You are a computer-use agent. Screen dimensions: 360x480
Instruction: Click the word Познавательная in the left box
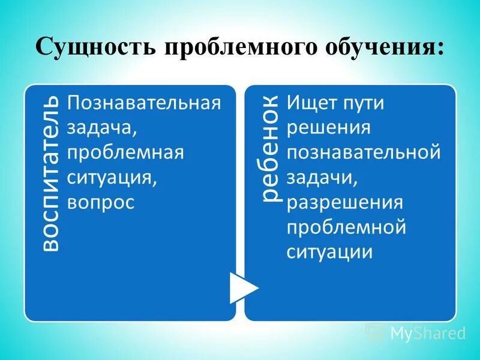(144, 103)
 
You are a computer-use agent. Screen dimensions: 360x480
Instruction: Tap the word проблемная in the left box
(125, 152)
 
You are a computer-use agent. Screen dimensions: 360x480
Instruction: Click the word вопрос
(100, 202)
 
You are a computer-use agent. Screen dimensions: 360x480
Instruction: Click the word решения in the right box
(328, 128)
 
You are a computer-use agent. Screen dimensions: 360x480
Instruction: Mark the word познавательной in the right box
(364, 152)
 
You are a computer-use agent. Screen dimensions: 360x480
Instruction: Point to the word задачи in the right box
(322, 178)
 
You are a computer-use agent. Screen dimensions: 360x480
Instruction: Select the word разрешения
(345, 202)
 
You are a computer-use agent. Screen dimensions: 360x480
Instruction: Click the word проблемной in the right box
(347, 227)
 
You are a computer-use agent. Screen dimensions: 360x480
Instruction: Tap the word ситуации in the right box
(329, 252)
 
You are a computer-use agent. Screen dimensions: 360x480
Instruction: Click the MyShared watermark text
(428, 332)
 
